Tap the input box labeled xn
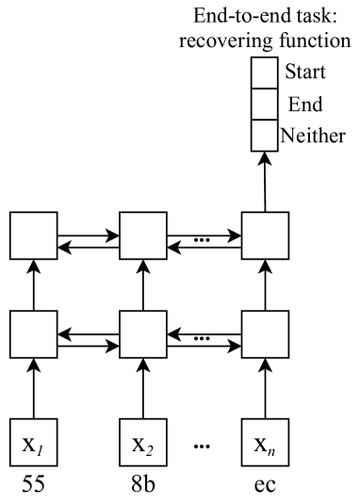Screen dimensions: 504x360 (265, 440)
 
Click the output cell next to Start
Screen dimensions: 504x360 (264, 73)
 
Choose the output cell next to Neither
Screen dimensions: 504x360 (264, 135)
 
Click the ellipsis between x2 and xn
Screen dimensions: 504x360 (203, 442)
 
